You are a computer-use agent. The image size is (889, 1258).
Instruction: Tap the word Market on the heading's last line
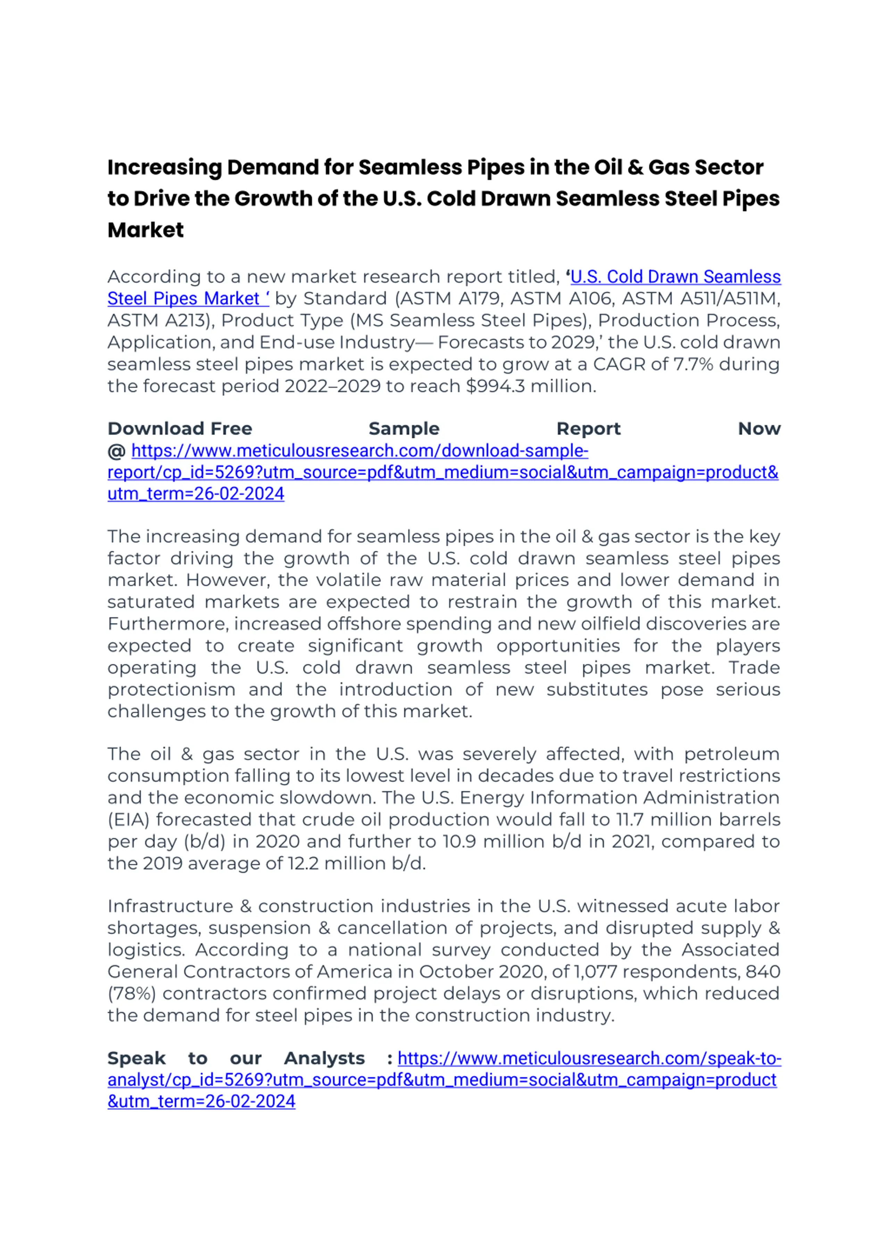pos(146,230)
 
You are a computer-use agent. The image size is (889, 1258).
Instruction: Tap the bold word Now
pos(759,428)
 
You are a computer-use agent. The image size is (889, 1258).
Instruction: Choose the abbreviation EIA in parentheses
pos(129,820)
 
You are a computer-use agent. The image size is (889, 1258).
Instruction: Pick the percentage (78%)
pos(132,994)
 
